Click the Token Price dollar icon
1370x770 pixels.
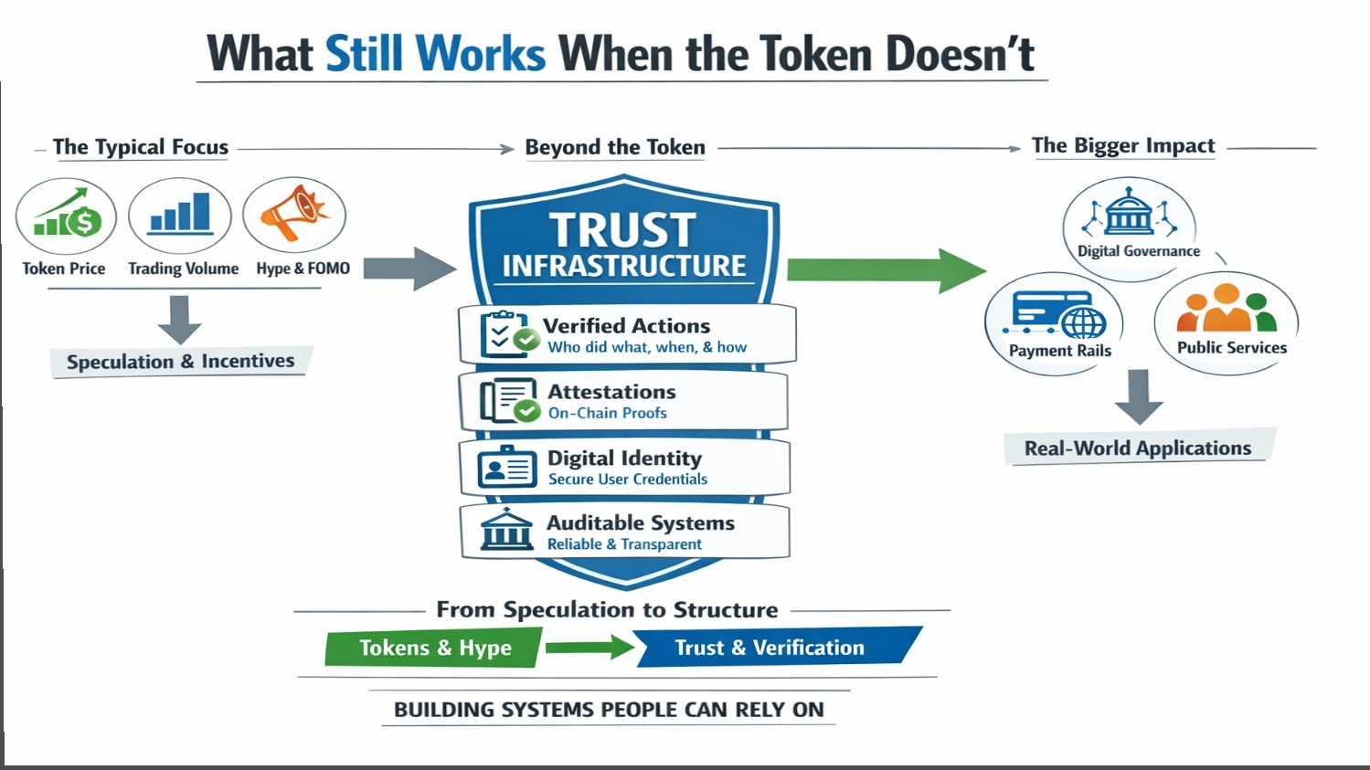(67, 216)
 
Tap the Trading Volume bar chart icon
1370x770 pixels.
(180, 214)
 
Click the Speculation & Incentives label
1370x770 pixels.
(180, 362)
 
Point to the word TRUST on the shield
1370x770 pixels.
(622, 229)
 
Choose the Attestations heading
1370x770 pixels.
(611, 392)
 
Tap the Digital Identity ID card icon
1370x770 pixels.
(507, 468)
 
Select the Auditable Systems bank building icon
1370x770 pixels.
(506, 531)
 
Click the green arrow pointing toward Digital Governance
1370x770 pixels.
(885, 270)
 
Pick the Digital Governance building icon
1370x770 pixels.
(1130, 214)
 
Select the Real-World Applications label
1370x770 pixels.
(1138, 448)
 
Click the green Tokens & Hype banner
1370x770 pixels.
(434, 648)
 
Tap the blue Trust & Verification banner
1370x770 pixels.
(770, 648)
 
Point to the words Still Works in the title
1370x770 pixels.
(435, 54)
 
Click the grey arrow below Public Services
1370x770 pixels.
(1139, 396)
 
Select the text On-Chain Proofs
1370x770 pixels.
(608, 413)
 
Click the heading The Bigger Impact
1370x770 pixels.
(1123, 146)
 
